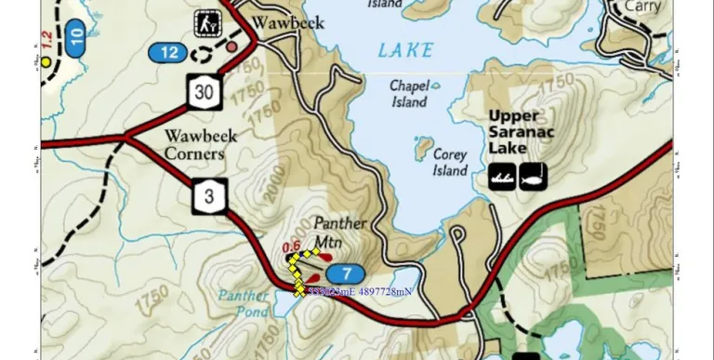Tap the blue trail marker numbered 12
tap(168, 52)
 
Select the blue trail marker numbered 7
tap(345, 273)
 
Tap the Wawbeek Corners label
tap(194, 145)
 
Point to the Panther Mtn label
tap(339, 233)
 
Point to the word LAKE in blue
tap(405, 50)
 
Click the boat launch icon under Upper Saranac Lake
tap(503, 175)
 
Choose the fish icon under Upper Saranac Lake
tap(534, 175)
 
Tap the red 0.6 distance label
tap(291, 247)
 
